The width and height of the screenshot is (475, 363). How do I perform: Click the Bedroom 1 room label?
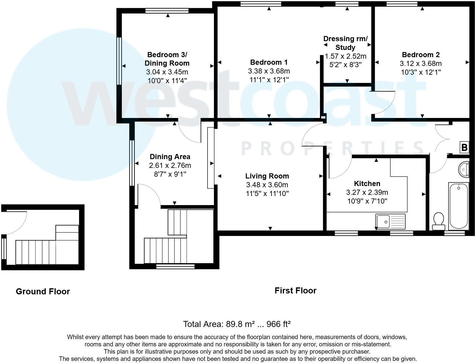tap(269, 62)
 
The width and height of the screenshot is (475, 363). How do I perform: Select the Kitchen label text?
tap(367, 184)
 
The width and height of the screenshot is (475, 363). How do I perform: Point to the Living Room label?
tap(267, 176)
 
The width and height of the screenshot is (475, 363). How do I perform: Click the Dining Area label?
tap(170, 157)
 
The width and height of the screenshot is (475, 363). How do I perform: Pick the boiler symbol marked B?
tap(464, 147)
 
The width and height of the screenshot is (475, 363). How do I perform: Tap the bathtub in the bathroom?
tap(459, 206)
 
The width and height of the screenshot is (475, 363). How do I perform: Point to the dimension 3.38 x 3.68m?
tap(269, 71)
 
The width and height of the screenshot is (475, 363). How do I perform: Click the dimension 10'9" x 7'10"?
tap(367, 201)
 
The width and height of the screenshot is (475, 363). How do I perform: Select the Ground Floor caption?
tap(43, 292)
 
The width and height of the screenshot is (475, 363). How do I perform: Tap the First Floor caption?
tap(295, 291)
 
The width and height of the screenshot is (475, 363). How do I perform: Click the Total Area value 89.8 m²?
tap(240, 324)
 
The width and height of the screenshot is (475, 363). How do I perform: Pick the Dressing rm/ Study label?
tap(345, 43)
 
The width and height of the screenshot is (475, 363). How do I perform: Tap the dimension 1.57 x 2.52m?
tap(345, 56)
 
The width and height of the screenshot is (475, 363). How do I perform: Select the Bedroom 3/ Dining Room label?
tap(167, 59)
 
